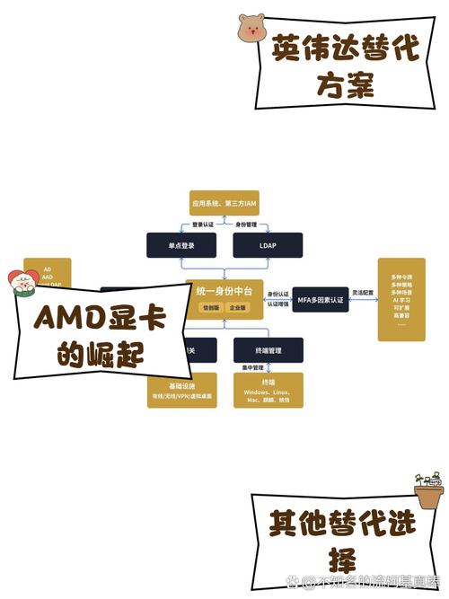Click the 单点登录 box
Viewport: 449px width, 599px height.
pos(181,245)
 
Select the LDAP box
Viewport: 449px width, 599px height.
pos(268,245)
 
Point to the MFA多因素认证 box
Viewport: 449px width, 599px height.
pos(321,300)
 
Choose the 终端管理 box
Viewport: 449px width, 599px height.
pos(268,348)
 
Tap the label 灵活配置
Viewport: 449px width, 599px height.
pos(362,293)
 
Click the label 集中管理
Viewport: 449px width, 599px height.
pos(251,368)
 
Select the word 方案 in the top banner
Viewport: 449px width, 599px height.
pos(345,84)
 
